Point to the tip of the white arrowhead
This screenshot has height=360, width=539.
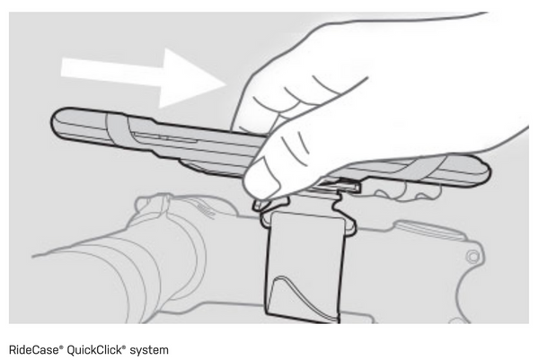[x=226, y=83]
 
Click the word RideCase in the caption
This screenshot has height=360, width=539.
[x=34, y=350]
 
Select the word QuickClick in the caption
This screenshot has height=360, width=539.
[x=93, y=350]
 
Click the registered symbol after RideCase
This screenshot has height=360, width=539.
[x=61, y=347]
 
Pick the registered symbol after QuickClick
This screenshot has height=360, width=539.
[x=124, y=347]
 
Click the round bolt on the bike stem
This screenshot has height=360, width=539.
[x=473, y=257]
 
